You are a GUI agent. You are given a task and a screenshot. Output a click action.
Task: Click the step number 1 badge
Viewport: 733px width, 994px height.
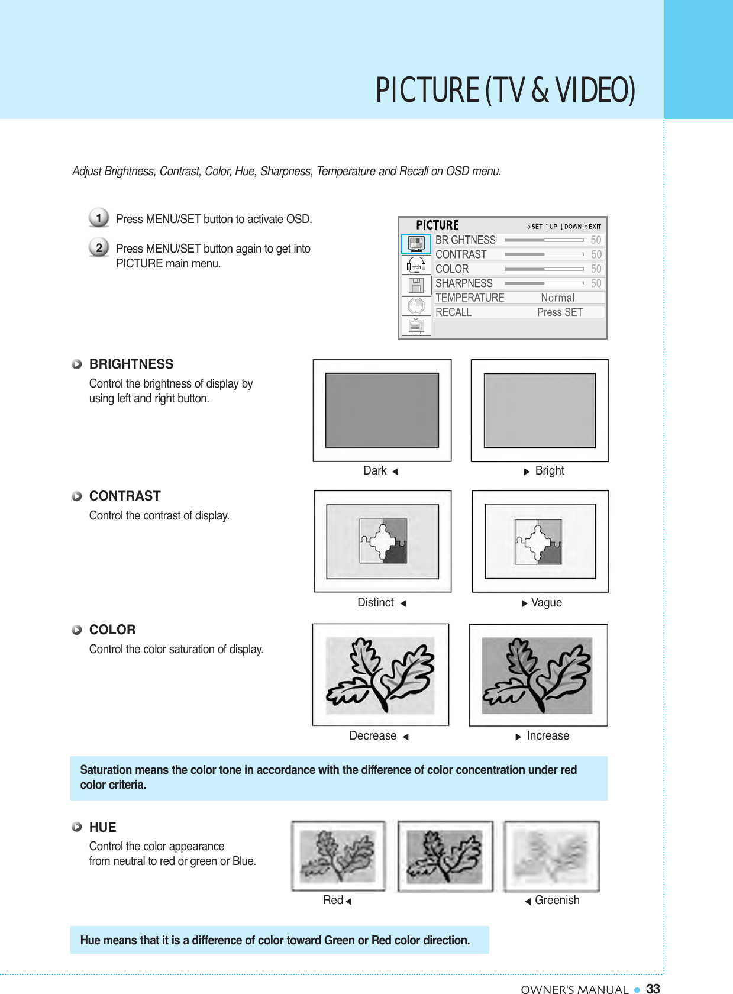[x=99, y=218]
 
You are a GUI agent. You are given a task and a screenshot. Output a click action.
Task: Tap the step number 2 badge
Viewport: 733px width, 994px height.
[x=99, y=247]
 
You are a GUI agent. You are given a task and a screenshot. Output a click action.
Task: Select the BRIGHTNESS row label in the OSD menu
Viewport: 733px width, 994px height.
[x=465, y=240]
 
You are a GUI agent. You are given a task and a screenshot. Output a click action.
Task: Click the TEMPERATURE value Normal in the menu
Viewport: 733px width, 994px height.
[x=557, y=298]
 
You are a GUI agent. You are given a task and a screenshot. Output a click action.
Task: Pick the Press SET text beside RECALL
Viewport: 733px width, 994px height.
[x=560, y=312]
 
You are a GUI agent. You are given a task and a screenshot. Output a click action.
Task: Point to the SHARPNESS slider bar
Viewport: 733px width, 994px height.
[x=544, y=283]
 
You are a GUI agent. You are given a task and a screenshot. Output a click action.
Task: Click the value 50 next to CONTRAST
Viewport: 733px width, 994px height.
[x=596, y=254]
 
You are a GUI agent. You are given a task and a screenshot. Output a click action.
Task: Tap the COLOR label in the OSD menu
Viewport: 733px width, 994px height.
[x=452, y=269]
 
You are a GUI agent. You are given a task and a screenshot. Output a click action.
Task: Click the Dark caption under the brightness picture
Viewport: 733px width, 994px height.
[x=375, y=471]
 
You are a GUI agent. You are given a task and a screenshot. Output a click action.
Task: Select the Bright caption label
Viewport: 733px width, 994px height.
[x=550, y=471]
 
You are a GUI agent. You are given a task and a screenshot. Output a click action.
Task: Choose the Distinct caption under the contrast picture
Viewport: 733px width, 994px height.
[x=376, y=603]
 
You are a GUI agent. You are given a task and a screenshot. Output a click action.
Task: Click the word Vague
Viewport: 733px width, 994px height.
[x=547, y=603]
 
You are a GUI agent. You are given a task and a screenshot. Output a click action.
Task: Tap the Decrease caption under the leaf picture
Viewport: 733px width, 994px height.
[x=373, y=736]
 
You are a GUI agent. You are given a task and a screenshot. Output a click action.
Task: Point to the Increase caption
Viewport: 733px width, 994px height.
[x=548, y=736]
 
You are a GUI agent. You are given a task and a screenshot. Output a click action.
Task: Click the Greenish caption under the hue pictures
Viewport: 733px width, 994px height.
[x=557, y=901]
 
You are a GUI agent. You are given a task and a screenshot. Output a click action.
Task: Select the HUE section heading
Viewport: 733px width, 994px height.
[x=103, y=827]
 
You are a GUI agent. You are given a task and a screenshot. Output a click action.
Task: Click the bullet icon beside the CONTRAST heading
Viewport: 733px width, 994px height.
[x=77, y=496]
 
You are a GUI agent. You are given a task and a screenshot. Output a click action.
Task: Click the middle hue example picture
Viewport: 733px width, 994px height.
[x=445, y=856]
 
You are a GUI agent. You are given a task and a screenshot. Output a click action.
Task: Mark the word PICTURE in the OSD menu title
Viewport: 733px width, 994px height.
[x=437, y=225]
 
